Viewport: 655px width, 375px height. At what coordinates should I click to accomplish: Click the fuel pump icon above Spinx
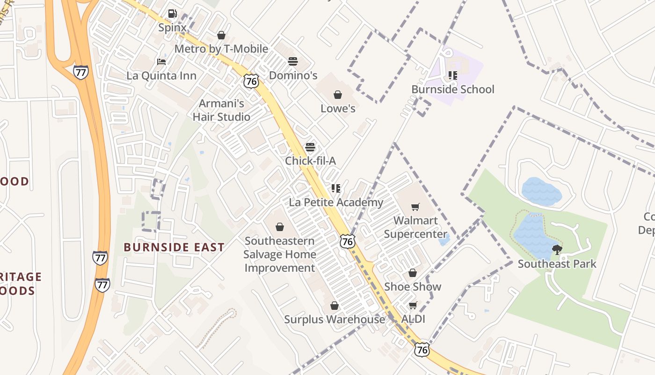click(x=172, y=14)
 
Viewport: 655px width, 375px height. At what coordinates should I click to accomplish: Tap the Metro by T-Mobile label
click(x=221, y=49)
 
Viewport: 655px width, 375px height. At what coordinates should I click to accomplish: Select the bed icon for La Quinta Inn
click(x=161, y=62)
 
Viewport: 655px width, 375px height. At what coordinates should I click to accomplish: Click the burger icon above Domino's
click(x=293, y=61)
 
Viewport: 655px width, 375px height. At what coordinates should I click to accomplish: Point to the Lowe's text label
click(x=338, y=109)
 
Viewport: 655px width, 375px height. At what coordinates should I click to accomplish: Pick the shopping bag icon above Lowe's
click(x=338, y=95)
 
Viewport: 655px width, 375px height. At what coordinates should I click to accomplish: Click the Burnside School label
click(x=452, y=89)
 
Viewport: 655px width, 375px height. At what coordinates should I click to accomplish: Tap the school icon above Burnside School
click(x=452, y=75)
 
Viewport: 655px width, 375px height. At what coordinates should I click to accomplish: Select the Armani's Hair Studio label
click(x=221, y=110)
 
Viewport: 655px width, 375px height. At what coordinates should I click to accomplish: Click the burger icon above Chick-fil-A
click(x=310, y=147)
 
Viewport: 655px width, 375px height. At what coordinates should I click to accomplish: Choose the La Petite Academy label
click(x=336, y=202)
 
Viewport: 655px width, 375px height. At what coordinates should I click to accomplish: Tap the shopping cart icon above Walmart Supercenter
click(x=415, y=207)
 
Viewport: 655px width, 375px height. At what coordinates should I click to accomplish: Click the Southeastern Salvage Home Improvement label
click(x=280, y=255)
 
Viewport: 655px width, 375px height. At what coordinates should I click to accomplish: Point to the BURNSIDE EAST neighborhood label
click(x=174, y=247)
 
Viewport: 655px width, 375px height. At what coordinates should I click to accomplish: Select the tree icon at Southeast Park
click(x=557, y=249)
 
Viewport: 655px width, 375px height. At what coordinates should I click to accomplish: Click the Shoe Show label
click(x=413, y=287)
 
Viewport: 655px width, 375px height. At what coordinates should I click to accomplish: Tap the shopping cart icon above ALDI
click(x=413, y=306)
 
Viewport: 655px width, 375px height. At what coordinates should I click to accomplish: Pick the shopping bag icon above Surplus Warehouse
click(x=335, y=306)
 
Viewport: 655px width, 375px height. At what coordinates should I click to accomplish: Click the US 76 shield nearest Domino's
click(x=251, y=81)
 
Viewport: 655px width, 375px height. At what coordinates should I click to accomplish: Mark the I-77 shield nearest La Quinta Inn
click(x=80, y=72)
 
